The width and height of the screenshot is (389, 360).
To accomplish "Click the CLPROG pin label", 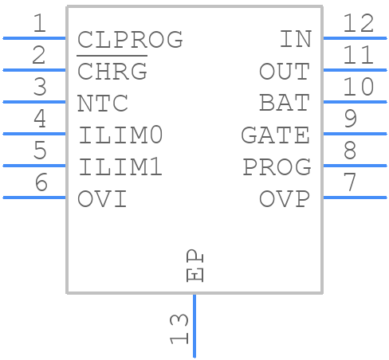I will point(130,39).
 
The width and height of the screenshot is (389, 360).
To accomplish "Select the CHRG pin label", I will point(112,71).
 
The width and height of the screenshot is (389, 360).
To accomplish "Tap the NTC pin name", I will point(103,103).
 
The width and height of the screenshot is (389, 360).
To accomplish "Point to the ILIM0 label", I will point(121,135).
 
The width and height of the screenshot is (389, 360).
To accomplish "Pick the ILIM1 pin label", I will point(121,166).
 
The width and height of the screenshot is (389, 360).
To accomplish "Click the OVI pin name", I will point(103,198).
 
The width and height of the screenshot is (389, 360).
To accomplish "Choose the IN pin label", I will point(294,39).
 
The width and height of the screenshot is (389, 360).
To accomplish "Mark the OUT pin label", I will point(285,71).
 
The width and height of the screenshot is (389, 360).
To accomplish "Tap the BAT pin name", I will point(285,103).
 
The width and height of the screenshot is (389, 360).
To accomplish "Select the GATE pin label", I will point(275,135).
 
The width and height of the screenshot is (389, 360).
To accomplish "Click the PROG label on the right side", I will point(277,166).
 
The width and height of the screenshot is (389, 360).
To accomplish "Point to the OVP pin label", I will point(285,198).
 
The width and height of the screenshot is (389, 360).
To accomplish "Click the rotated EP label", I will point(194,266).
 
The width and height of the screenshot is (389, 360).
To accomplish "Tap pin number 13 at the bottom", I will point(180,328).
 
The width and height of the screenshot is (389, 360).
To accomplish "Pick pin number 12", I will point(358,24).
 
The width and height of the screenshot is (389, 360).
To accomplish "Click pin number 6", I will point(39,183).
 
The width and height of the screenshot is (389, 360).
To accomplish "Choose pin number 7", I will point(349,183).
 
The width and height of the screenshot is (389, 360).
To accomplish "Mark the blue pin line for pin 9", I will point(354,134).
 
